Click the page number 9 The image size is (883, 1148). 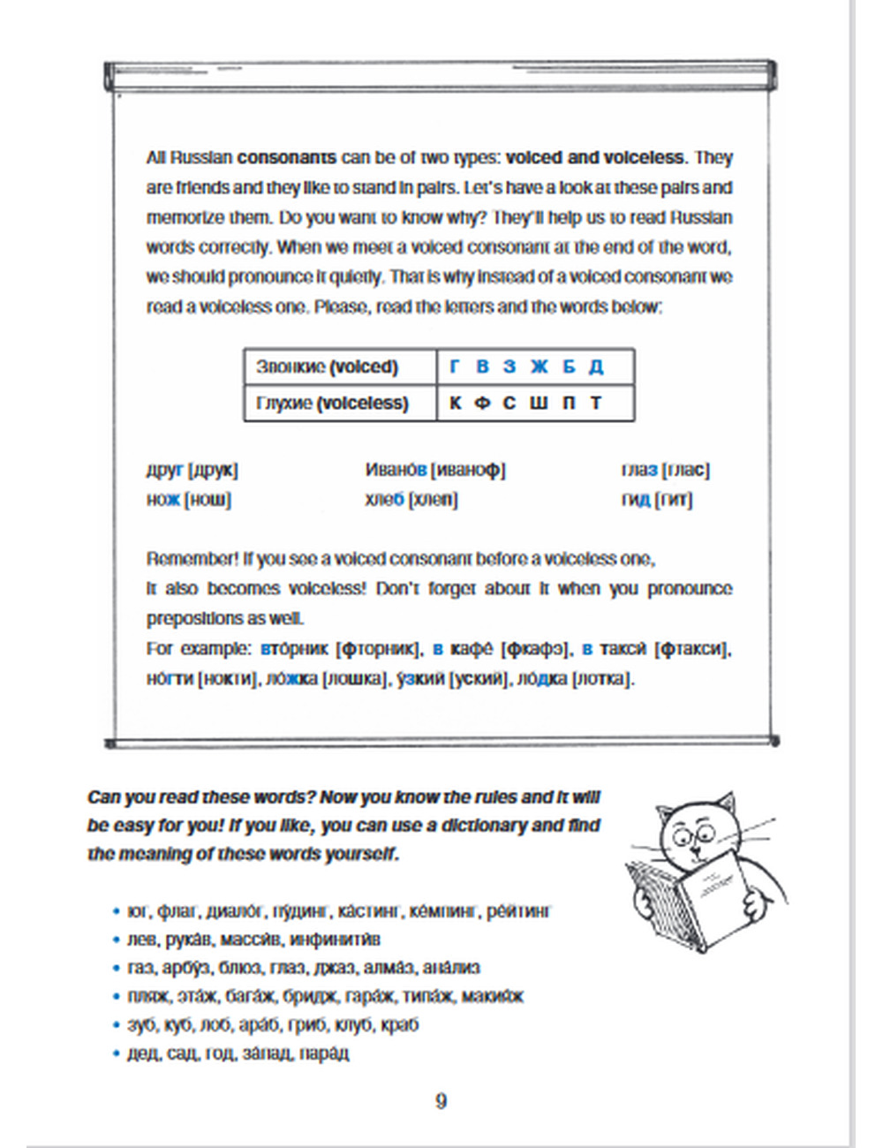click(441, 1100)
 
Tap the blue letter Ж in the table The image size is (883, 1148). click(539, 366)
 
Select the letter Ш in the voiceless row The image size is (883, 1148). click(539, 403)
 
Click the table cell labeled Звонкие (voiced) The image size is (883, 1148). click(328, 366)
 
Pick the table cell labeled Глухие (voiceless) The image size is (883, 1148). click(332, 403)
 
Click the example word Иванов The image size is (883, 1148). click(396, 470)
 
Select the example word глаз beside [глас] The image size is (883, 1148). click(639, 470)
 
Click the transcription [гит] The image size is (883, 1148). click(674, 499)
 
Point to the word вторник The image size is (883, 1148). click(295, 648)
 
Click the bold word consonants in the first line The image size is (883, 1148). click(287, 158)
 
